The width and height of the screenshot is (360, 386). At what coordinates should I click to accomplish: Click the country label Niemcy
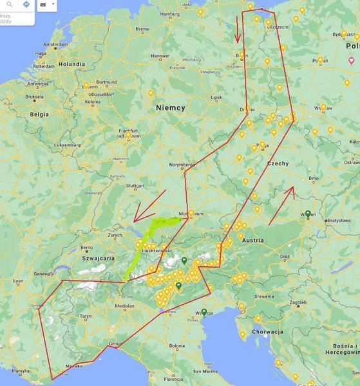(x=170, y=109)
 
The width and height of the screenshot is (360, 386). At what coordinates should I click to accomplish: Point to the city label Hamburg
(x=169, y=14)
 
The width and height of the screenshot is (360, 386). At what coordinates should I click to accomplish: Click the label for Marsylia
(x=21, y=371)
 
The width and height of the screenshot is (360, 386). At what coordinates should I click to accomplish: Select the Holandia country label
(x=71, y=64)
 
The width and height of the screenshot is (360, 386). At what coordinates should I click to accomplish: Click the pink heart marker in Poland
(x=350, y=60)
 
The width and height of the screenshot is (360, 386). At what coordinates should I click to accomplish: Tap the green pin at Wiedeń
(x=308, y=214)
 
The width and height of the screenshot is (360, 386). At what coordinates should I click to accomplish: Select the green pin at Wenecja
(x=204, y=312)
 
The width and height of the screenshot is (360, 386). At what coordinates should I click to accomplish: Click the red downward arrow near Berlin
(x=239, y=28)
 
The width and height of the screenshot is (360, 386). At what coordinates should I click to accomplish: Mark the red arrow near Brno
(x=281, y=205)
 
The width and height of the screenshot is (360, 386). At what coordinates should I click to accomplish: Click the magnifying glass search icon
(x=9, y=5)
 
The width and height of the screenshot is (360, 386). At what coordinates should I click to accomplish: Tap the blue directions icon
(x=26, y=5)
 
